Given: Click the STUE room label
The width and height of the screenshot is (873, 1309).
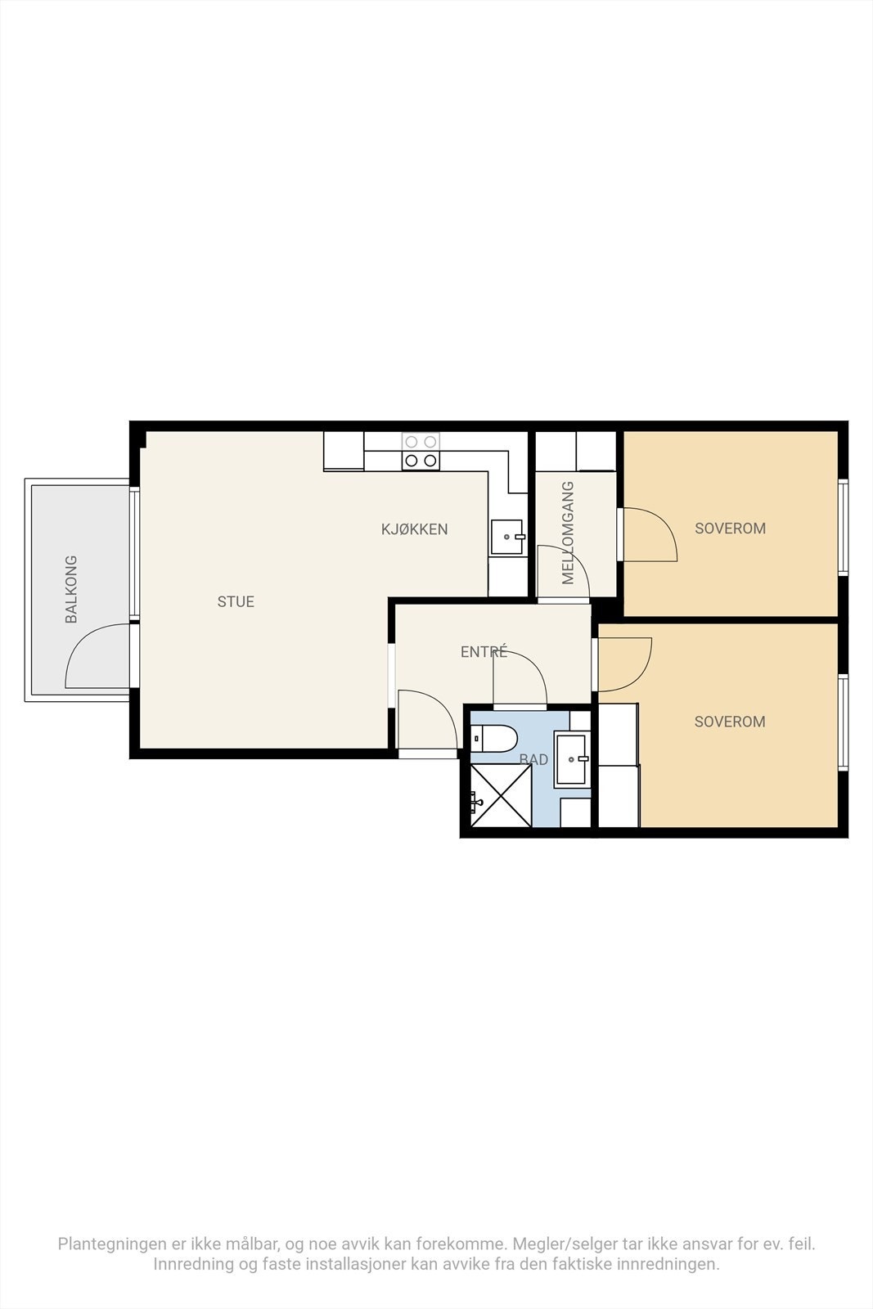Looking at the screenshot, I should point(236,601).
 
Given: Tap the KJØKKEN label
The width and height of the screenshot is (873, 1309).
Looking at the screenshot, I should point(414,529).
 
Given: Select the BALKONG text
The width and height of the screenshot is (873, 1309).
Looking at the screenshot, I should point(71,589).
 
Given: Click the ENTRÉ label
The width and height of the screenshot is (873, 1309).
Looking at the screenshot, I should point(484,652).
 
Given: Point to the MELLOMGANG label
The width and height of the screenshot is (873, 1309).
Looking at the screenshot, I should point(569,533).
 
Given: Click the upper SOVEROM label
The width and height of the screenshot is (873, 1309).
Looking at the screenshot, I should point(730,529).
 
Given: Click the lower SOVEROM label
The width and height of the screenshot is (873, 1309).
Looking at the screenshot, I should point(729,722).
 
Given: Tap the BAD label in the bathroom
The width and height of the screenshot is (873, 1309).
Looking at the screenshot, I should point(533,759).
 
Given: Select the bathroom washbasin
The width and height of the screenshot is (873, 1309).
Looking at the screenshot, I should point(572,759).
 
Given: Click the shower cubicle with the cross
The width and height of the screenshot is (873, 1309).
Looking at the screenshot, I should point(501,794).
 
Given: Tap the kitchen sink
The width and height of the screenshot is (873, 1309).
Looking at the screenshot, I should point(506,538).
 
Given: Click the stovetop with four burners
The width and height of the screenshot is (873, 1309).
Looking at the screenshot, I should point(421,452).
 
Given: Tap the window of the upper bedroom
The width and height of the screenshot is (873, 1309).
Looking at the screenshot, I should point(843,528).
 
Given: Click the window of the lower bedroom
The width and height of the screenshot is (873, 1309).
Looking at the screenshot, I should point(843,722).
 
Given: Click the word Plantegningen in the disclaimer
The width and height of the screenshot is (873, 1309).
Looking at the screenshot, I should point(112,1244).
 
